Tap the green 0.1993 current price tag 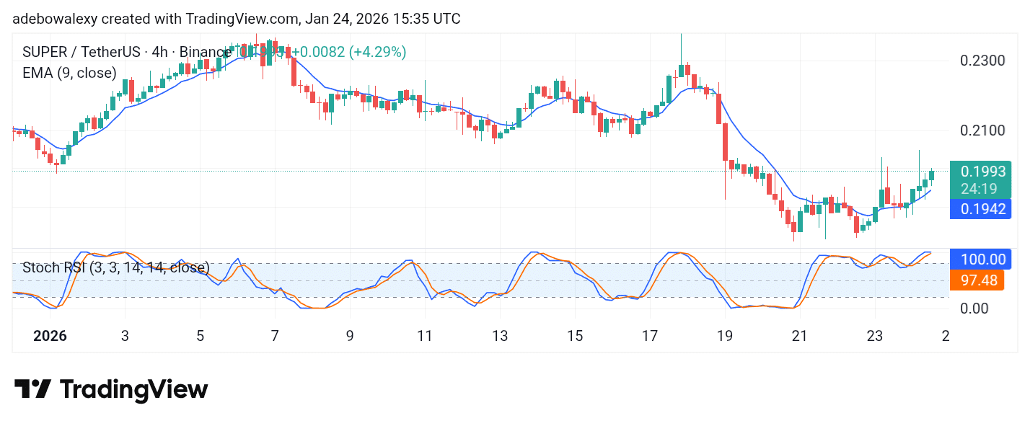point(980,171)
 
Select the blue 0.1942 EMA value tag point(980,208)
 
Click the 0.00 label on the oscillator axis point(974,309)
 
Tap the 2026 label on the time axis point(50,336)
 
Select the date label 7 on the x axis point(275,336)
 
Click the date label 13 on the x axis point(500,336)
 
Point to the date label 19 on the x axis point(725,336)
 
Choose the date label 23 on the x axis point(875,336)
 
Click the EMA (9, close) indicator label point(69,73)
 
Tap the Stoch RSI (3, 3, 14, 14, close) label point(115,267)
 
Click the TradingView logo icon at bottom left point(32,390)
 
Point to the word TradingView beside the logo point(133,390)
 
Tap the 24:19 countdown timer point(980,189)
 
